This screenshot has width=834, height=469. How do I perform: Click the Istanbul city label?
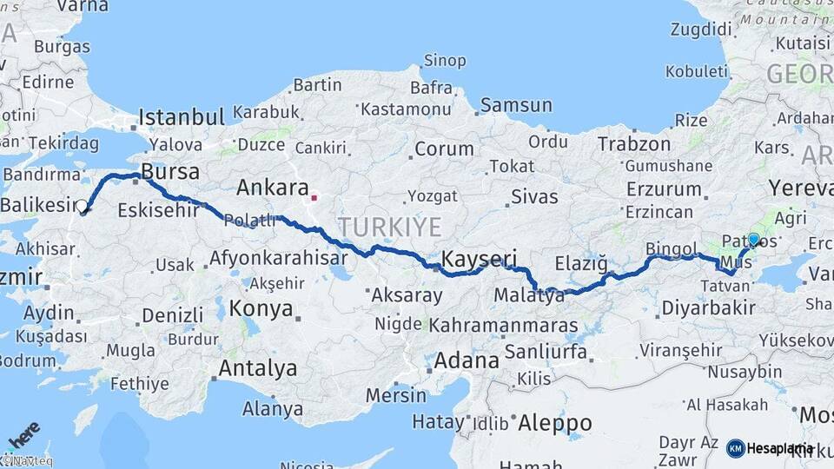point(182,116)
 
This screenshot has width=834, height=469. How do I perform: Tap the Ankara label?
point(273,188)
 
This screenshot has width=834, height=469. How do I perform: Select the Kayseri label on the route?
point(480,259)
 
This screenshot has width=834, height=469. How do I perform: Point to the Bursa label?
point(170,170)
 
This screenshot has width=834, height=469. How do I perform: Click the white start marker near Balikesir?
point(83,207)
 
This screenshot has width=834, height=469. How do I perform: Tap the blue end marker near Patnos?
point(753,240)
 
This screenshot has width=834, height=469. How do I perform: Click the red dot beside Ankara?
point(314,197)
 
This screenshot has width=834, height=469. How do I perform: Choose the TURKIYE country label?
point(390,228)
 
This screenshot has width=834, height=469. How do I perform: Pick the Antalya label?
point(257,368)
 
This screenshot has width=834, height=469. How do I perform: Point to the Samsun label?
point(516,105)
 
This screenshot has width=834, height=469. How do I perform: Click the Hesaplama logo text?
point(780,448)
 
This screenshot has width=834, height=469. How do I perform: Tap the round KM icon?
point(735,448)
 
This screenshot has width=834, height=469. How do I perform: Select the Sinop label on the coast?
point(445,61)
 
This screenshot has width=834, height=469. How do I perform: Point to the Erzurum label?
point(663,188)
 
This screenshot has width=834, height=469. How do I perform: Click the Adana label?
point(467,360)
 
